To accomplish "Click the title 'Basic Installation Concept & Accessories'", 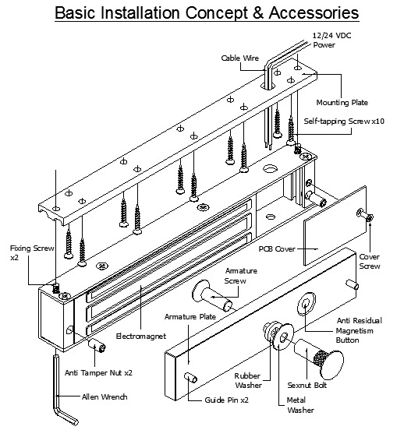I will point(202,13).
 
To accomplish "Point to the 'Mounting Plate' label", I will point(342,102).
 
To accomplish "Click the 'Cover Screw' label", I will point(369,261).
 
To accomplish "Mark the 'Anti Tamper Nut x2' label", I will point(100,372).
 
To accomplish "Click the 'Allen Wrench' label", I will point(104,396).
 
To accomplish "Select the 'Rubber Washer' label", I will point(249,379).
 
